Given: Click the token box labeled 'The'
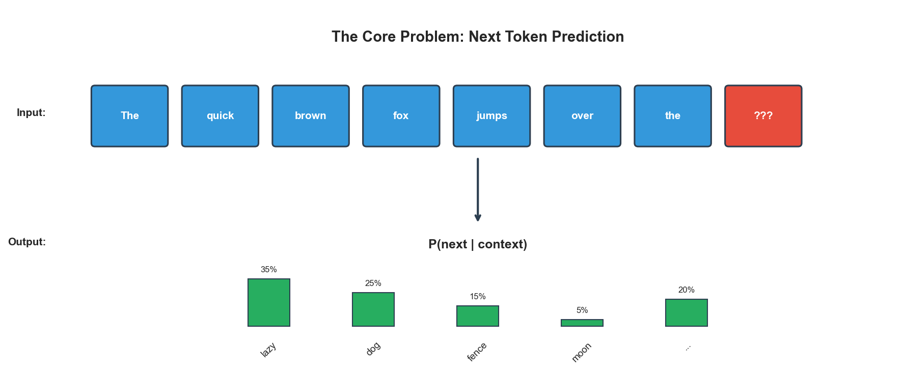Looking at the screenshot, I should (x=129, y=116).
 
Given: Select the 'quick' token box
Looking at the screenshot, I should (x=220, y=116).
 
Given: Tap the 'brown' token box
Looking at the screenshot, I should (x=311, y=116).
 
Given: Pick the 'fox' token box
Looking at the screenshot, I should (x=401, y=116).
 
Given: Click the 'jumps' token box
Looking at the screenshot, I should (x=491, y=116).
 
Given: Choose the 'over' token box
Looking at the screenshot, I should (x=582, y=116).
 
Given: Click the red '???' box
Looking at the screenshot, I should (x=763, y=116).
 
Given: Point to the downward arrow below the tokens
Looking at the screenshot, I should (x=478, y=189).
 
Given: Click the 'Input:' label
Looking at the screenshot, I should (x=31, y=112).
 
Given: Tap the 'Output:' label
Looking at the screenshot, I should (x=27, y=242).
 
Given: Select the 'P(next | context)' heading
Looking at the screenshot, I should (x=478, y=244).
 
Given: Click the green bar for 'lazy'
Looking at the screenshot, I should (x=269, y=302).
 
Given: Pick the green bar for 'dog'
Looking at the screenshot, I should (x=373, y=309).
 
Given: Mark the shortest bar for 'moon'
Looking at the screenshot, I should (x=582, y=323).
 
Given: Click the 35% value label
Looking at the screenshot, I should (x=268, y=270).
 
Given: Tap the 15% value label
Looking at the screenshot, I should (x=478, y=297).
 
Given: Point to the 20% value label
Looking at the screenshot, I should (x=686, y=290).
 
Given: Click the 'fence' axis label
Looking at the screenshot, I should (x=477, y=352).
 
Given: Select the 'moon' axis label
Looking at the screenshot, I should (x=582, y=352).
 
